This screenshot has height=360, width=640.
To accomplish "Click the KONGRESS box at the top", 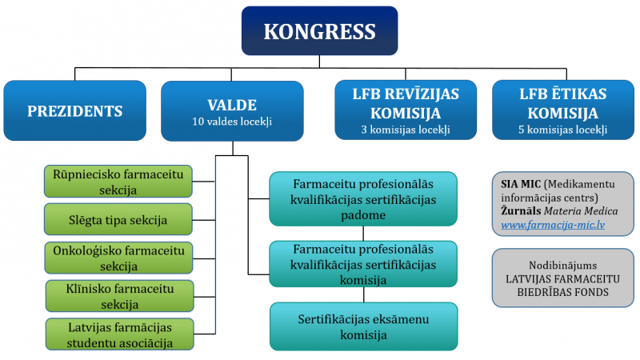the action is (x=319, y=30).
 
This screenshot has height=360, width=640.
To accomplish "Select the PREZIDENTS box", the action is (x=74, y=110).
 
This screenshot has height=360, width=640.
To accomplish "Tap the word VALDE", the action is (x=232, y=106).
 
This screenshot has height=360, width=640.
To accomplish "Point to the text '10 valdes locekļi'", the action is (x=232, y=122).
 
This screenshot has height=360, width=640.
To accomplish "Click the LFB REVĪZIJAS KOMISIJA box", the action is (x=406, y=110).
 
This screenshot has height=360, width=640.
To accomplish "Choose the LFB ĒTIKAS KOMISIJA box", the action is (x=563, y=110).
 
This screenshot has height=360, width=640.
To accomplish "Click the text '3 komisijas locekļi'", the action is (x=406, y=130).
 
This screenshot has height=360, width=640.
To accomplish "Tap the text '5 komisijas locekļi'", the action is (x=563, y=130).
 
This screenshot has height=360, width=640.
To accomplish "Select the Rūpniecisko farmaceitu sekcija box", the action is (x=118, y=182).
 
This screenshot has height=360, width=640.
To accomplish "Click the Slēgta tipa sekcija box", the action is (x=118, y=219).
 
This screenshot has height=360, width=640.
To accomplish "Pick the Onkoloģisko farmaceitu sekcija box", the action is (x=118, y=258).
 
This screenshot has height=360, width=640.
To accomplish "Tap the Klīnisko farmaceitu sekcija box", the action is (x=119, y=296).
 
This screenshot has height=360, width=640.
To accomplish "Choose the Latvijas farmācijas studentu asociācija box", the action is (x=119, y=334).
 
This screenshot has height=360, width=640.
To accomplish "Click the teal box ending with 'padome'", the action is (x=363, y=199).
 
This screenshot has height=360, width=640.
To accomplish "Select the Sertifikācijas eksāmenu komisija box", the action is (x=364, y=326).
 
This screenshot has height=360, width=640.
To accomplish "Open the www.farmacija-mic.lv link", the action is (x=553, y=225).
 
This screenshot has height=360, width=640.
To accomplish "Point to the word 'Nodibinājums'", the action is (x=563, y=266).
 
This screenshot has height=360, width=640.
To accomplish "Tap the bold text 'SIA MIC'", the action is (x=521, y=184).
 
